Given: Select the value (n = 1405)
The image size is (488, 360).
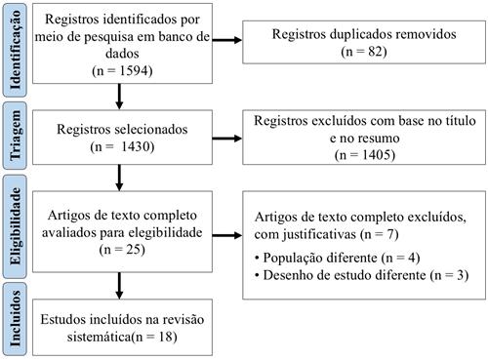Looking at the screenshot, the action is click(356, 153).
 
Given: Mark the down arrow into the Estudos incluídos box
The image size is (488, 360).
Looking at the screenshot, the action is click(119, 286).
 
